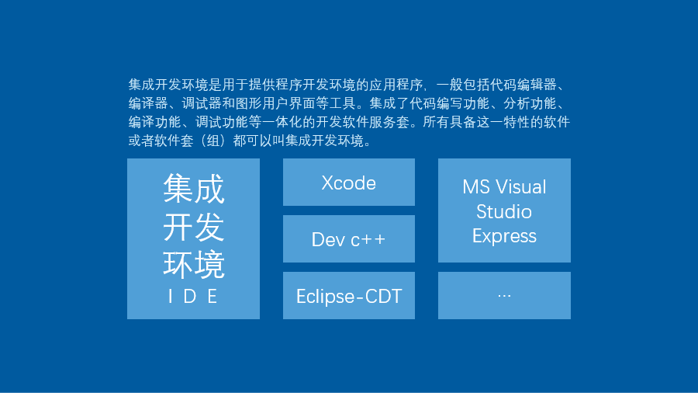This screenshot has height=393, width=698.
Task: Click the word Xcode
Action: coord(348,183)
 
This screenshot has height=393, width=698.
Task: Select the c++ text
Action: coord(368,240)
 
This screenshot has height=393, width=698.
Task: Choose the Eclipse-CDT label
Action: coord(349,297)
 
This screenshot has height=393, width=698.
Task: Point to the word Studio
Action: coord(504,212)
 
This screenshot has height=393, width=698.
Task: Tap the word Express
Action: coord(504,236)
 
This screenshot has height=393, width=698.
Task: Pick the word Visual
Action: coord(521,187)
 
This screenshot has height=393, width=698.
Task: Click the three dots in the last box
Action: coord(504,295)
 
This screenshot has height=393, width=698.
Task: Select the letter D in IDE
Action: coord(190,297)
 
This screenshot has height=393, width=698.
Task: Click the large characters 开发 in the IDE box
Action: coord(194,227)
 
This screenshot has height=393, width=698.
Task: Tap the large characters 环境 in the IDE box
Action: coord(194,265)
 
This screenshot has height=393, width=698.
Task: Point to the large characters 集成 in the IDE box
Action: coord(194,189)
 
